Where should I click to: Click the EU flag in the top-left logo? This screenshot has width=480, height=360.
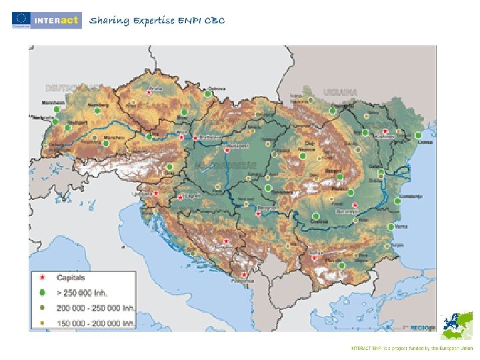pyautogui.click(x=20, y=19)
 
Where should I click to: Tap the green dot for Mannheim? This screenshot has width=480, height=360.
pyautogui.click(x=57, y=109)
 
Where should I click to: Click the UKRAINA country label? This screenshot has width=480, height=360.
pyautogui.click(x=340, y=92)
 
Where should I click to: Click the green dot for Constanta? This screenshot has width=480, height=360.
pyautogui.click(x=400, y=197)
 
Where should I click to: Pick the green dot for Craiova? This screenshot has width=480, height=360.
pyautogui.click(x=315, y=215)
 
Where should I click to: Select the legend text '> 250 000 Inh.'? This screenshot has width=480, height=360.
pyautogui.click(x=83, y=293)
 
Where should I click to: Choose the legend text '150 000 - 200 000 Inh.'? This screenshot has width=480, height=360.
pyautogui.click(x=95, y=323)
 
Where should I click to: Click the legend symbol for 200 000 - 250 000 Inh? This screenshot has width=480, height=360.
pyautogui.click(x=43, y=308)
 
